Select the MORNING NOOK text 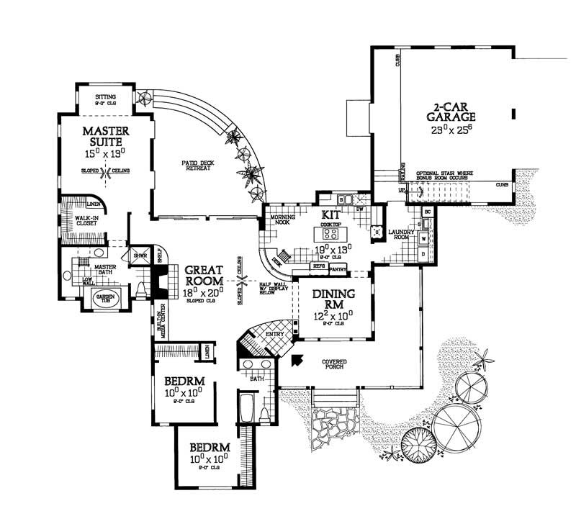click(x=280, y=220)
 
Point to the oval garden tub click(x=107, y=298)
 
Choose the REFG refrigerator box click(x=318, y=266)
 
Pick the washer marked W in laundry click(x=423, y=238)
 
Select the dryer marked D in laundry click(x=423, y=253)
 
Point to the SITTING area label click(x=107, y=95)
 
